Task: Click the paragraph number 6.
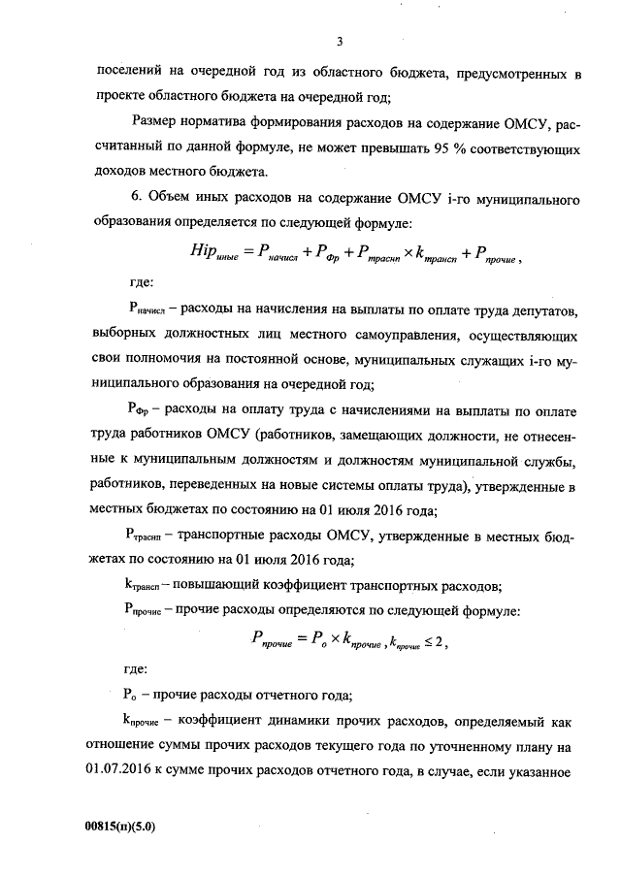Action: [134, 199]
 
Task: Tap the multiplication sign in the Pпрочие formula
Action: [327, 638]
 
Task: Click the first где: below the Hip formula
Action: [140, 284]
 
